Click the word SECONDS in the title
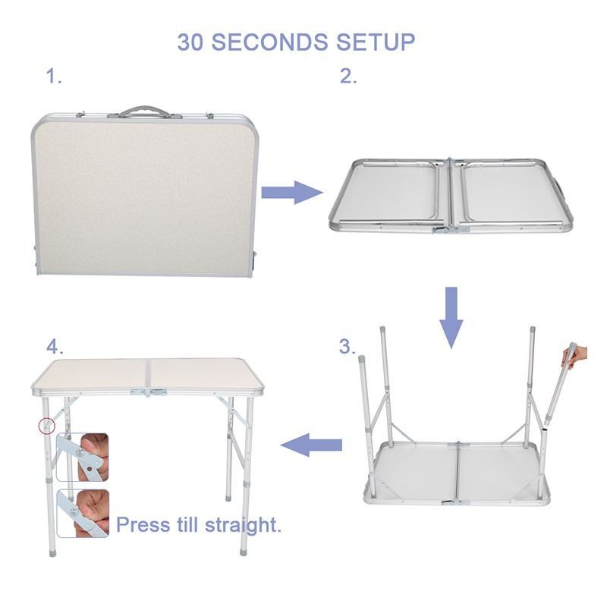coord(269,42)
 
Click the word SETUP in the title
coord(376,42)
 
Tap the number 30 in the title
coord(190,42)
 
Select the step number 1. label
coord(54,76)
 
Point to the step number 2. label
coord(348,76)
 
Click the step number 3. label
coord(348,347)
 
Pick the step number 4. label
coord(55,347)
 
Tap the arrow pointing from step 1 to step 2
coord(292,193)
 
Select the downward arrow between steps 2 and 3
coord(451,317)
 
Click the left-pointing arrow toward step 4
coord(311,445)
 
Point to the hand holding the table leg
coord(577,354)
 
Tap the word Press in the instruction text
coord(143,525)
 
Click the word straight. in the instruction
coord(243,526)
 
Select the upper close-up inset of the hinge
coord(83,458)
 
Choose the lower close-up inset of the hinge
coord(83,514)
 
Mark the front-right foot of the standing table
coord(244,551)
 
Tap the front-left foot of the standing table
coord(52,552)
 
